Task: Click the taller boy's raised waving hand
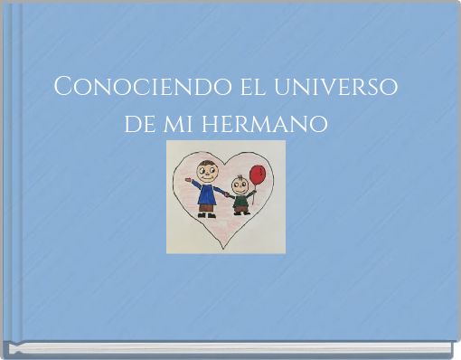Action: tap(188, 181)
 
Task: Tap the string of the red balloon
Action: tap(255, 190)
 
